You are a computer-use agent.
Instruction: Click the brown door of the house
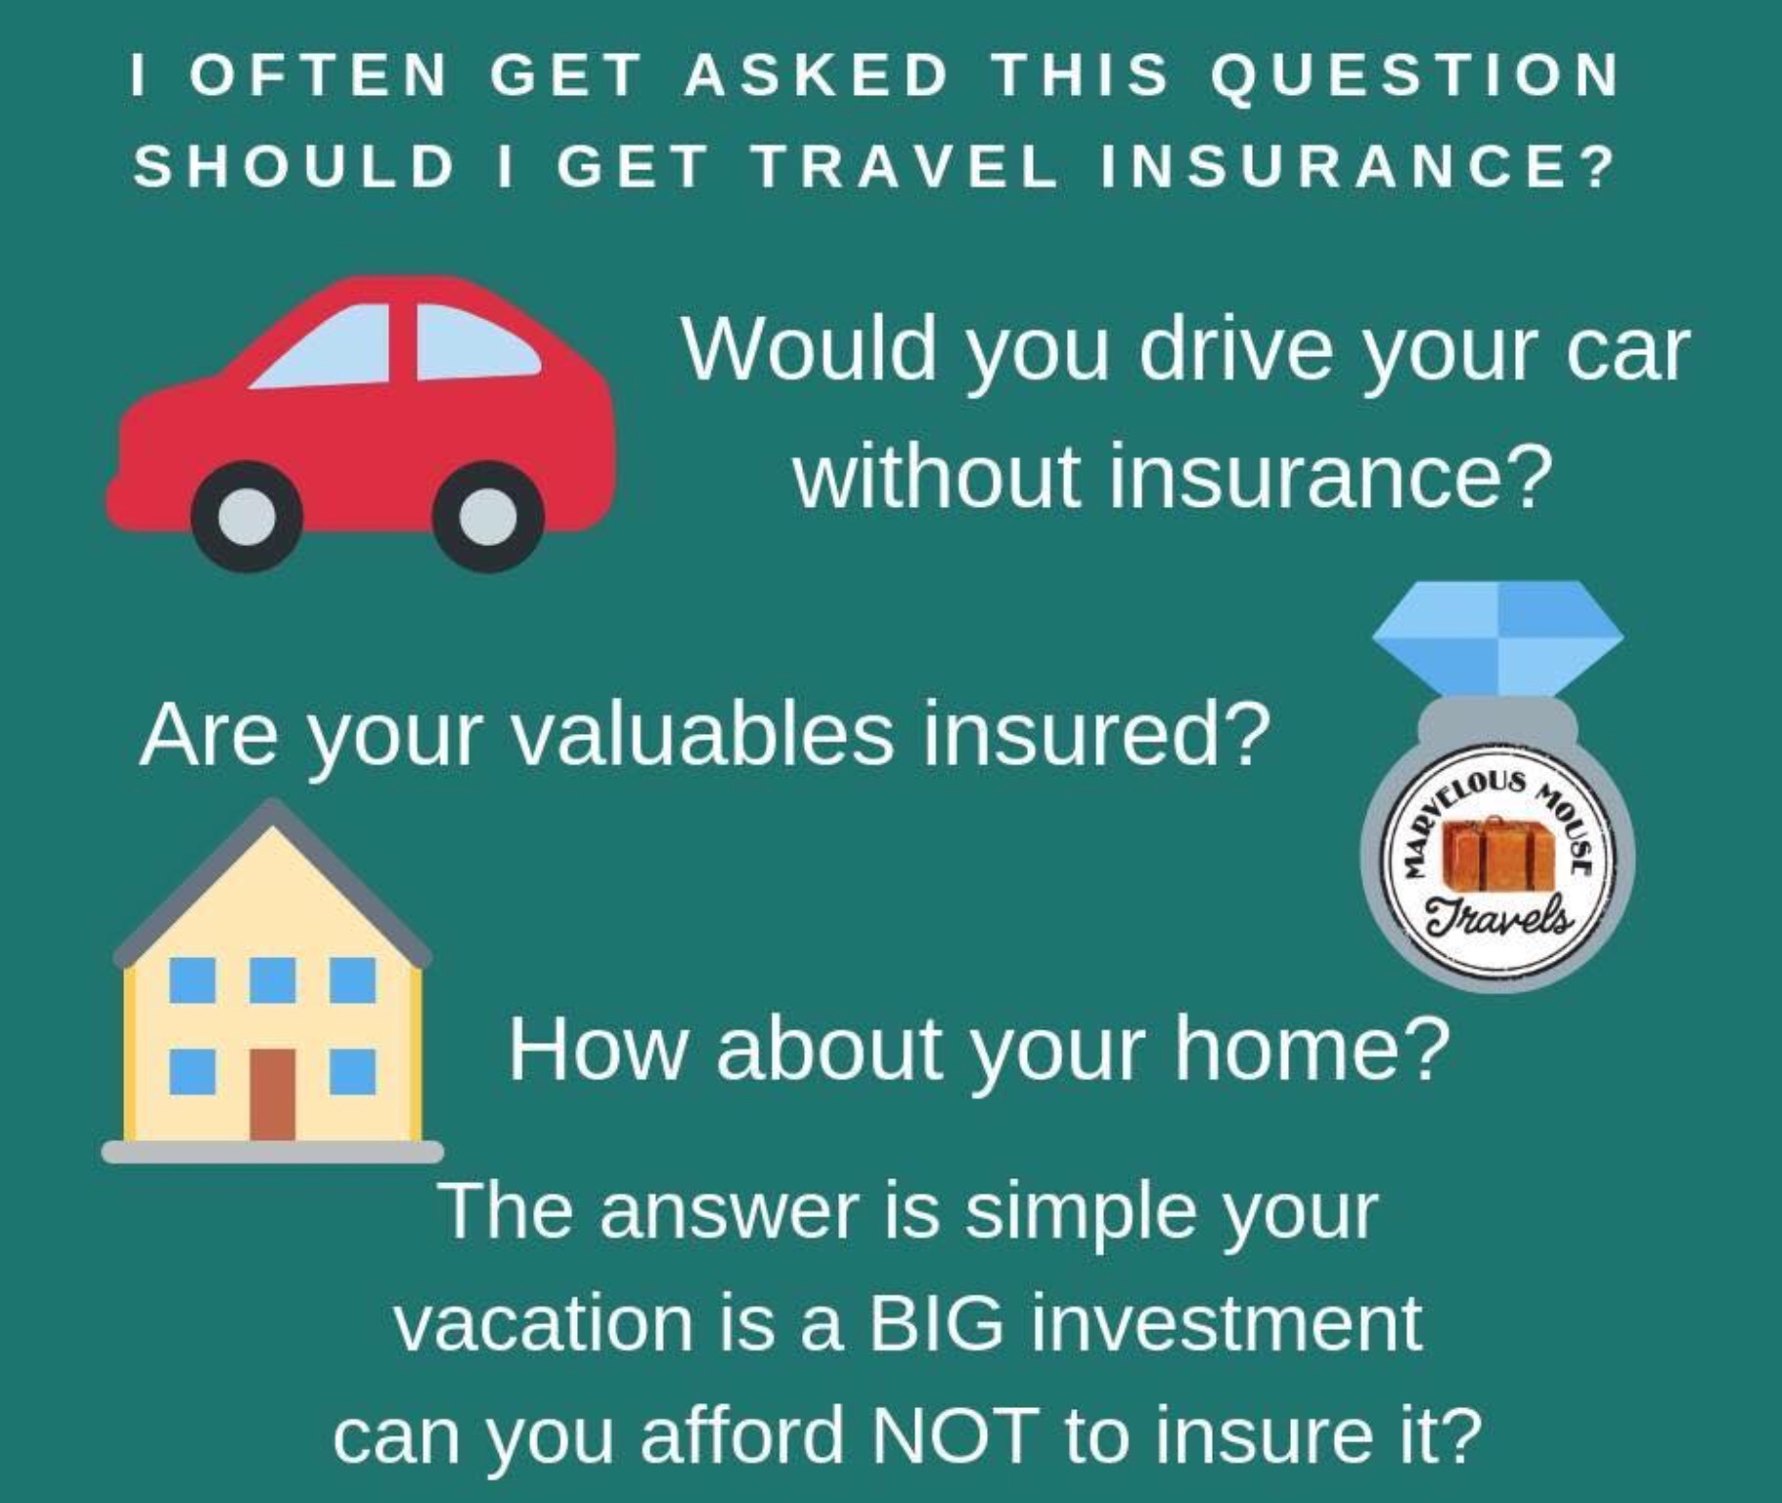[x=272, y=1094]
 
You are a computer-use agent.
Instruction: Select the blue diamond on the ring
[x=1497, y=637]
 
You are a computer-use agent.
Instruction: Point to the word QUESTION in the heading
[x=1415, y=76]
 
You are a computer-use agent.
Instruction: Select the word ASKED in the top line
[x=817, y=75]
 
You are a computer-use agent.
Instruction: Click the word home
[x=1314, y=1048]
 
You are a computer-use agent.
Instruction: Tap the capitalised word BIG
[x=936, y=1323]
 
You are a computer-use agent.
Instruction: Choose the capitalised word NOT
[x=954, y=1435]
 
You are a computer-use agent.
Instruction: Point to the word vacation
[x=543, y=1323]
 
